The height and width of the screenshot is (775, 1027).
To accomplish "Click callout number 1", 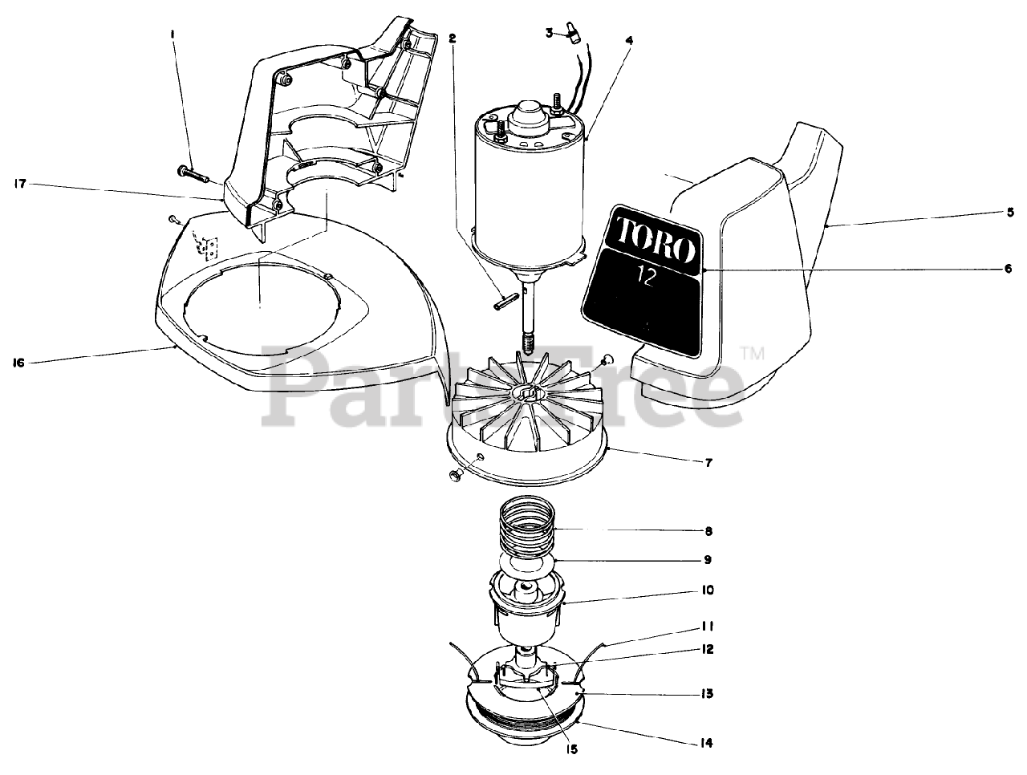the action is [172, 34].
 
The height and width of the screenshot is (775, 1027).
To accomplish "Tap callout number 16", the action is [19, 363].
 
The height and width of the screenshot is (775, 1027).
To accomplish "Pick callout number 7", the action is [708, 462].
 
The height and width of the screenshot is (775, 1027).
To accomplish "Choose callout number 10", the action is [708, 590].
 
